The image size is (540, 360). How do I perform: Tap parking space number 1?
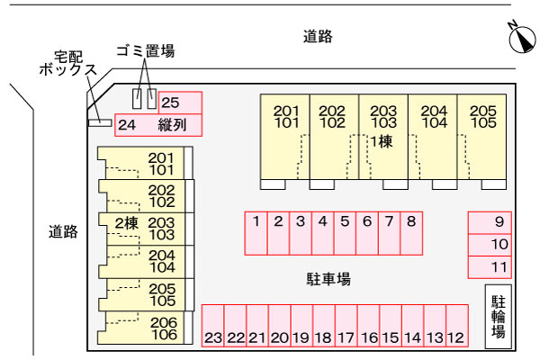pos(256,232)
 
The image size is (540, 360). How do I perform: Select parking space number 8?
pos(411,232)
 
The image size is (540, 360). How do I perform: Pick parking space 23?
pos(212,327)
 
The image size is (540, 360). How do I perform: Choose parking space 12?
pos(456,327)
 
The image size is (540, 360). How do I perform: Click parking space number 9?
pos(490,222)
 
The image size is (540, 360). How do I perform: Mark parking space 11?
pos(490,266)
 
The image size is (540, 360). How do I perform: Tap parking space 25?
pos(180,103)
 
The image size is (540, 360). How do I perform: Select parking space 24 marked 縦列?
pos(158,125)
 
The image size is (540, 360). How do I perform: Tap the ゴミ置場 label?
pos(146,51)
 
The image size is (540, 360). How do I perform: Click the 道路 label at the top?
pos(319,37)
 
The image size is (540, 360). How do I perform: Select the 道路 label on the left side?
pos(63,231)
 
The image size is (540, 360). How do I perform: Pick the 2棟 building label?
pos(125,223)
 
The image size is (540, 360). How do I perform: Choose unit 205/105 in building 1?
pos(482,135)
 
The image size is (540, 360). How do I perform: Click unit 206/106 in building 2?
pos(144,328)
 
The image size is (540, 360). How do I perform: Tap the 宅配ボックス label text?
pos(68,62)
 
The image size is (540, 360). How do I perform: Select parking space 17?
pos(346,327)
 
